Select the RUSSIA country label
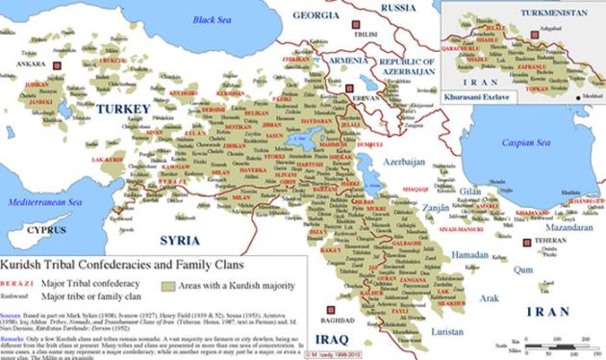click(x=398, y=8)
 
